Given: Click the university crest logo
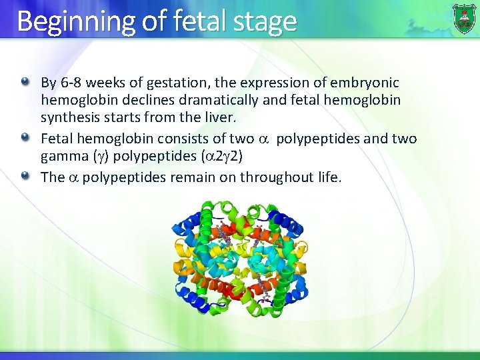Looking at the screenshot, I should pyautogui.click(x=464, y=18).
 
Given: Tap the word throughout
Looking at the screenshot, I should pyautogui.click(x=272, y=177).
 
